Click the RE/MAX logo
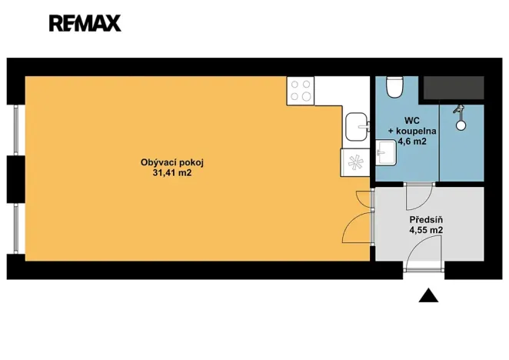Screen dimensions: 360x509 (85, 23)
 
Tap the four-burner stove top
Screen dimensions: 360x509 (301, 92)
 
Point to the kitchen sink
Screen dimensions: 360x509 (357, 126)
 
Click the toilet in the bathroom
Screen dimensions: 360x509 (395, 88)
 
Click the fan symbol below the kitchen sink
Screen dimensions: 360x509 (354, 163)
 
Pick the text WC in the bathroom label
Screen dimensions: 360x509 (414, 121)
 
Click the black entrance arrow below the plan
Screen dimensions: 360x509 (429, 295)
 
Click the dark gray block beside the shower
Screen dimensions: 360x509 (454, 88)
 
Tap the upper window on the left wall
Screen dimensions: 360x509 (16, 129)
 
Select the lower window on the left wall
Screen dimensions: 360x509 (16, 227)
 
